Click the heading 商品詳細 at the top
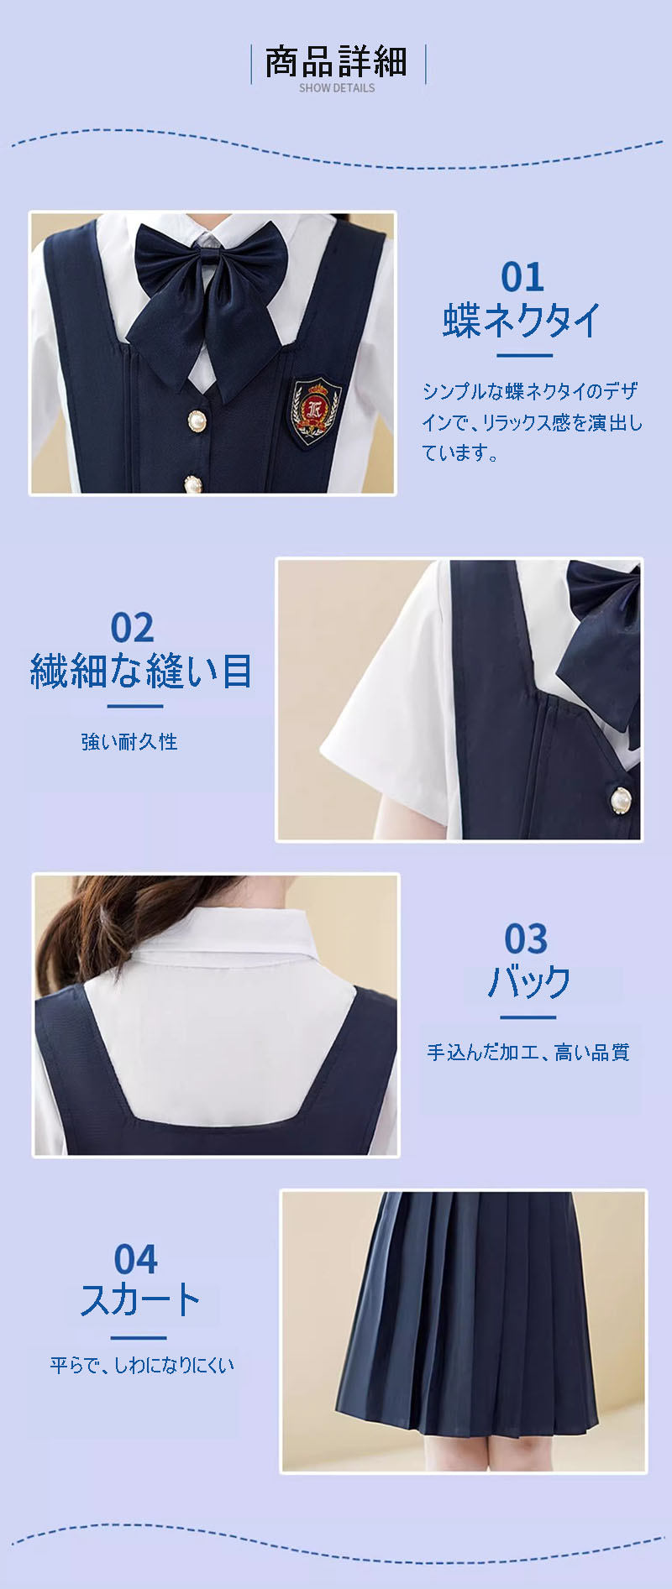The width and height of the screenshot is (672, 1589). [336, 61]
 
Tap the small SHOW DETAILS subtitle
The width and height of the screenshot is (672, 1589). [337, 87]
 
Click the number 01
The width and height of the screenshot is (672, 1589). [522, 277]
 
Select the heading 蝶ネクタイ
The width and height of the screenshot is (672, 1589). [522, 321]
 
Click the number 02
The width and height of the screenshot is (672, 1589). [132, 628]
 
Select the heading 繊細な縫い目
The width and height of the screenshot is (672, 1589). [141, 672]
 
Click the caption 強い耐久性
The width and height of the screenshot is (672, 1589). [129, 741]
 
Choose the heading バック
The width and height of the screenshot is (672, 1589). [529, 981]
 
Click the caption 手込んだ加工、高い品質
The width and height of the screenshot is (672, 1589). [528, 1052]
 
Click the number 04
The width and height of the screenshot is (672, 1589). [135, 1259]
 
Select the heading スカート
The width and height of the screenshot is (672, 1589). [140, 1300]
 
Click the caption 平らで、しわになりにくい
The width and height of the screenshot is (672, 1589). [141, 1365]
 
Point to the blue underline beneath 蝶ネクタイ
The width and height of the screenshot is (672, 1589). [525, 355]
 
